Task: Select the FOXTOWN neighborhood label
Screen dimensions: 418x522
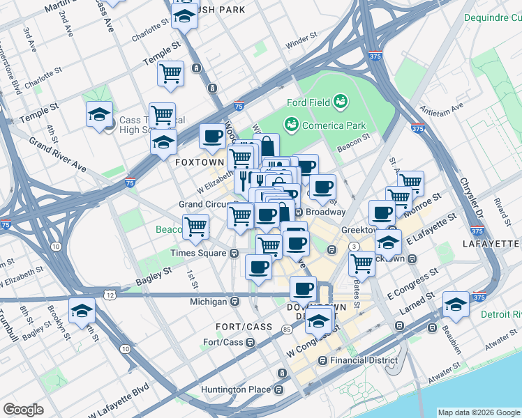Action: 199,162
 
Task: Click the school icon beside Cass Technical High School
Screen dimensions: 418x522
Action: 99,114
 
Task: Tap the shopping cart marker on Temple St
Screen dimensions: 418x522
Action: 170,73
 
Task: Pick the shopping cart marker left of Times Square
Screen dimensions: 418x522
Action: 195,226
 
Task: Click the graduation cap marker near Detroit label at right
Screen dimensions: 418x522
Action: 456,304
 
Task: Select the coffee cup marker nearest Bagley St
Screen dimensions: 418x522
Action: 259,267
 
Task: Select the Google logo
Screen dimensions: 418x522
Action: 24,409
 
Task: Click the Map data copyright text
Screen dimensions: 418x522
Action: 479,412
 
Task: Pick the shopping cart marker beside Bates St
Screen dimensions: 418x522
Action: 361,263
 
